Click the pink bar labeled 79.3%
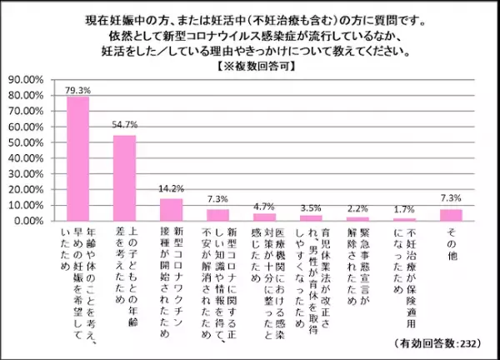(x=78, y=159)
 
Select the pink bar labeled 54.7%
(x=125, y=178)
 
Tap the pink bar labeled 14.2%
(x=172, y=210)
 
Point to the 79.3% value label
(x=78, y=88)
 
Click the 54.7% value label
(x=125, y=127)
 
